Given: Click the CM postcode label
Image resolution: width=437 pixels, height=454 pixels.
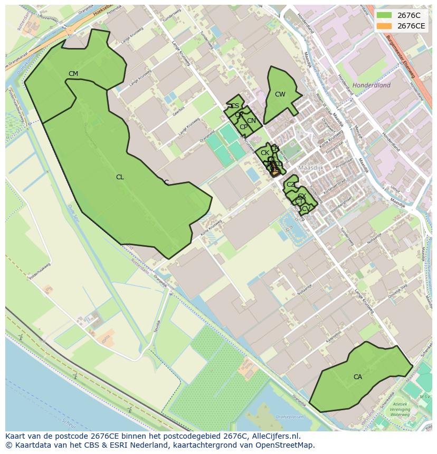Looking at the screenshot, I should pos(73,74).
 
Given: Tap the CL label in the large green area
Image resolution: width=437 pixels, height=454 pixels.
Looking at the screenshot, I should pos(120,177).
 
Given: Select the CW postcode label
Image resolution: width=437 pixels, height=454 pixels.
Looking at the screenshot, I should pos(280,95).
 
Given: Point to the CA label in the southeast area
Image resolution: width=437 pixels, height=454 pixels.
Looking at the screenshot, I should pos(358,377).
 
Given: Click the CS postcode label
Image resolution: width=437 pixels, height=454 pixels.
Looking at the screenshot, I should pos(235,106).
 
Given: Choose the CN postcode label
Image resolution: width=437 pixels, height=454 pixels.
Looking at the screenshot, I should pos(251,121).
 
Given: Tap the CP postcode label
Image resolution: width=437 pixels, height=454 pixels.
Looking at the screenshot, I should pos(243,127).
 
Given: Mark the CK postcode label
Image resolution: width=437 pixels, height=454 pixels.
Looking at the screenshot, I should pos(265,153).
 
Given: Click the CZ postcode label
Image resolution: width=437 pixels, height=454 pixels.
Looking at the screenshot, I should pos(291,185).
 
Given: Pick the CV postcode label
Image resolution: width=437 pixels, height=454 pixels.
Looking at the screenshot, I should pos(306,209).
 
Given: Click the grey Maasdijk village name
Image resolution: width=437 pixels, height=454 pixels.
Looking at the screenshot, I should pos(310,168).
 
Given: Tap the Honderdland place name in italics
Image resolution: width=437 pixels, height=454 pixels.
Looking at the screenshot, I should pos(372,85).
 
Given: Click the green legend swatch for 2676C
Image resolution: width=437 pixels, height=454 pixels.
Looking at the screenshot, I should pos(384,15).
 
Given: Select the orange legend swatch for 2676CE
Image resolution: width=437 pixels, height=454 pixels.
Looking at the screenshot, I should pos(384,26).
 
